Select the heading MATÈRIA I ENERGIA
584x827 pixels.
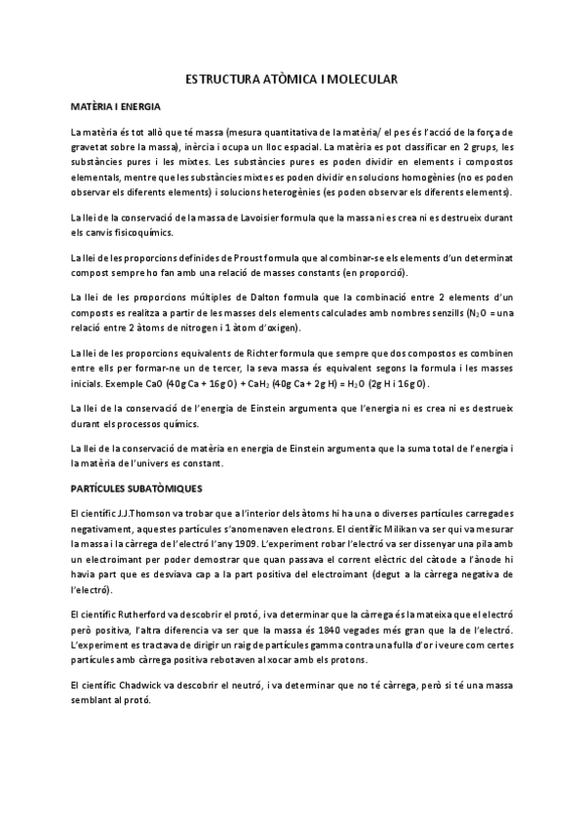[113, 105]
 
